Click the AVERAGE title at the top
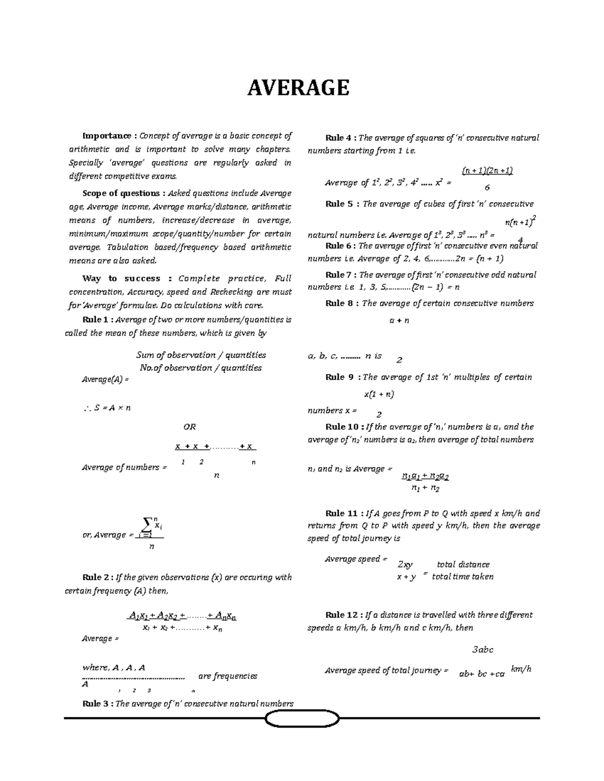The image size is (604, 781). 298,88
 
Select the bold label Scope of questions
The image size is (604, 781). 124,193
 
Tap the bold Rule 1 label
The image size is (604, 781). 97,320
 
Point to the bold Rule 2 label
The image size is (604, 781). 97,577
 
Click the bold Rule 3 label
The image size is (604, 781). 97,704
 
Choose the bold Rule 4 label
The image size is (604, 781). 341,138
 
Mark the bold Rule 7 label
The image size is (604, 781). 341,275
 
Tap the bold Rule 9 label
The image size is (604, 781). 342,377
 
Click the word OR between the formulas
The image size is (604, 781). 189,427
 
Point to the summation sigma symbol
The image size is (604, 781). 147,526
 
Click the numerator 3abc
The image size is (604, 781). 482,650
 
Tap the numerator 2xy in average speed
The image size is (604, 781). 405,565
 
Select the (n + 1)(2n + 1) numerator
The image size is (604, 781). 487,170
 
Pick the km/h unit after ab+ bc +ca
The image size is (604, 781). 521,669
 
